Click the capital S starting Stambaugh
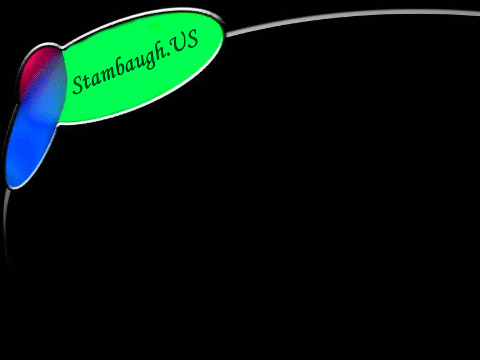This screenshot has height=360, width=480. (x=79, y=84)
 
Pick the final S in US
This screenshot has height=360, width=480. (x=192, y=39)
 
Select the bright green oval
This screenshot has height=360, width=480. (x=141, y=65)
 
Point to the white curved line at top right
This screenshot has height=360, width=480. (x=352, y=17)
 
